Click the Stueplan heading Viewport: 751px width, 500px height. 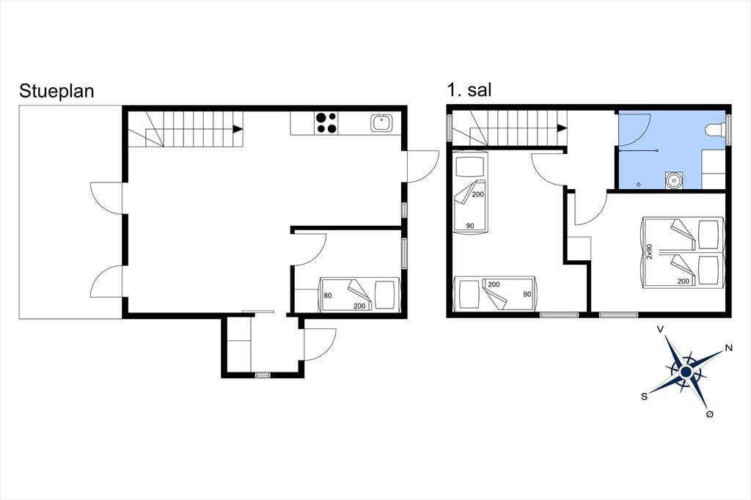[x=56, y=92]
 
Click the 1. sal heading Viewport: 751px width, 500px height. [x=469, y=90]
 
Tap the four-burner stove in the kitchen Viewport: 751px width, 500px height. [x=326, y=122]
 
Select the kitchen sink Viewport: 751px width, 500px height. [x=381, y=123]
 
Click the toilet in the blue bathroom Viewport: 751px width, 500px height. [x=716, y=130]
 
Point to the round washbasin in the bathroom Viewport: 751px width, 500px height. [x=673, y=180]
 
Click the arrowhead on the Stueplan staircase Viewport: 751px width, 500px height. [x=237, y=129]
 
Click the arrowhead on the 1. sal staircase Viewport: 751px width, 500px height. [x=562, y=128]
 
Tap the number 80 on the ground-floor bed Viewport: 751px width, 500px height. [x=328, y=295]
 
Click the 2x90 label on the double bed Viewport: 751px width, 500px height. [x=650, y=251]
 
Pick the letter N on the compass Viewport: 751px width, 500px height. [x=729, y=348]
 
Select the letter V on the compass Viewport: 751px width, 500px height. [x=660, y=329]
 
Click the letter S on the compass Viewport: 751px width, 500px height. [x=644, y=396]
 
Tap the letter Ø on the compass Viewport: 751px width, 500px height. [x=710, y=413]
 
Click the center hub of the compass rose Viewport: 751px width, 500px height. [x=686, y=372]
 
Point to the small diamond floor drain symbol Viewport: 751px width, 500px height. [x=639, y=185]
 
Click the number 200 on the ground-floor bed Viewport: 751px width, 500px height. [x=359, y=306]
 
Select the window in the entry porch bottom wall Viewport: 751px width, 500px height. [x=263, y=375]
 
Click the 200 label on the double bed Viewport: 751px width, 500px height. [x=683, y=281]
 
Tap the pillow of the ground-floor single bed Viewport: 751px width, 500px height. [x=384, y=295]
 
